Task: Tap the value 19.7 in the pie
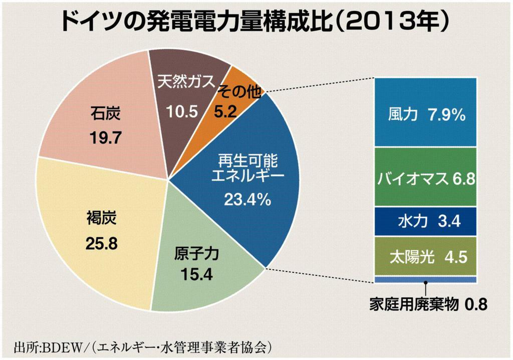106,137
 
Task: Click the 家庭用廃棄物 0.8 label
428,304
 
